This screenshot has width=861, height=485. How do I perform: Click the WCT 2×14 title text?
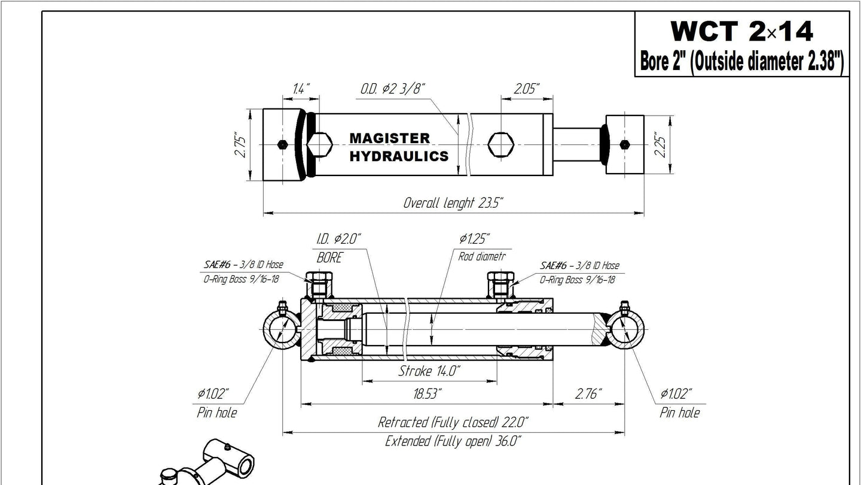(741, 31)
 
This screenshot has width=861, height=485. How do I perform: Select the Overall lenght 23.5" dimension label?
(453, 202)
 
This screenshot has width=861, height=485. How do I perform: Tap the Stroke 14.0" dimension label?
(429, 371)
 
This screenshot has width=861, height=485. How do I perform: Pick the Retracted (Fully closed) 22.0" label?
(453, 422)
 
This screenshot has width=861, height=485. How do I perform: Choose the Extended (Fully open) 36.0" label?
(453, 441)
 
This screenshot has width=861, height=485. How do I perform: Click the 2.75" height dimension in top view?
(240, 144)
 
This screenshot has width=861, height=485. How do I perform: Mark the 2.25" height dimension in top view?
(660, 144)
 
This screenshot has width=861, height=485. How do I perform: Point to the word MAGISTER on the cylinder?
(389, 138)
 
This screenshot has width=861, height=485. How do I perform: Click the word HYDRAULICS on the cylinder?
(398, 156)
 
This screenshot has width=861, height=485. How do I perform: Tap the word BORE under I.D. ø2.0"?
(329, 258)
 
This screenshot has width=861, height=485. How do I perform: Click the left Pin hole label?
(216, 413)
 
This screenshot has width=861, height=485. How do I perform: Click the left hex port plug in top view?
(320, 144)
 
